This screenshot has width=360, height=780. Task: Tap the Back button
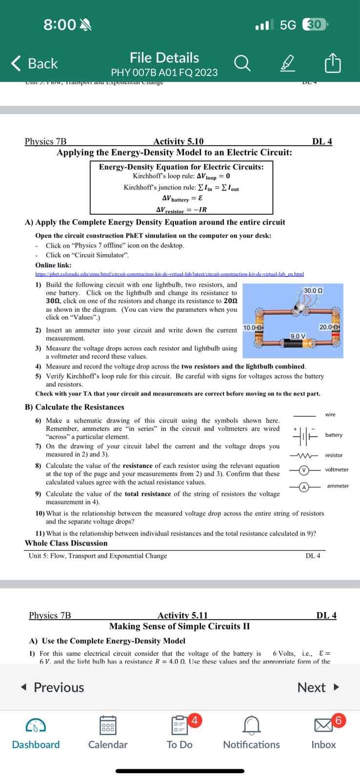click(x=35, y=64)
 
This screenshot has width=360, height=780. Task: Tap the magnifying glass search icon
click(x=242, y=63)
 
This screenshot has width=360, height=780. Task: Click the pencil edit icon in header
click(x=288, y=63)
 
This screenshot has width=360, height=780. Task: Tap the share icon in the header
click(x=332, y=63)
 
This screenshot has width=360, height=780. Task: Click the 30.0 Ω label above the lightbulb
click(x=313, y=291)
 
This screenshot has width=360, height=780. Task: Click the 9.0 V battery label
click(x=298, y=336)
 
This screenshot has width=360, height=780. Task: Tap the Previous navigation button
click(x=53, y=687)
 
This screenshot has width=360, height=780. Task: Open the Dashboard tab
click(x=36, y=732)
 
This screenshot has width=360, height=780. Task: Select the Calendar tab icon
click(x=107, y=725)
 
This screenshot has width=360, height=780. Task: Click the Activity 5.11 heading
click(x=182, y=615)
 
